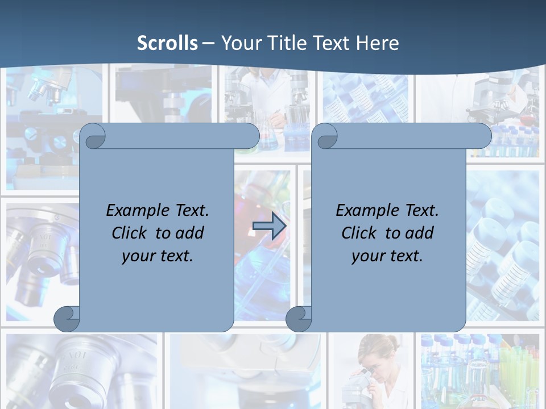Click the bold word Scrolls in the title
(x=168, y=43)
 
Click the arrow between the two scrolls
(x=269, y=226)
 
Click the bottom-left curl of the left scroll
(x=67, y=319)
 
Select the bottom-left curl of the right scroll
(x=299, y=319)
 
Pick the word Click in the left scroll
(x=129, y=233)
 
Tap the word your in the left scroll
(x=136, y=256)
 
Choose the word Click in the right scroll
(x=359, y=233)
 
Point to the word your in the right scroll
(x=366, y=256)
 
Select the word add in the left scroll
(x=190, y=233)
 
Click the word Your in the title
(x=239, y=43)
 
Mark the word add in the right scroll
(x=420, y=233)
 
